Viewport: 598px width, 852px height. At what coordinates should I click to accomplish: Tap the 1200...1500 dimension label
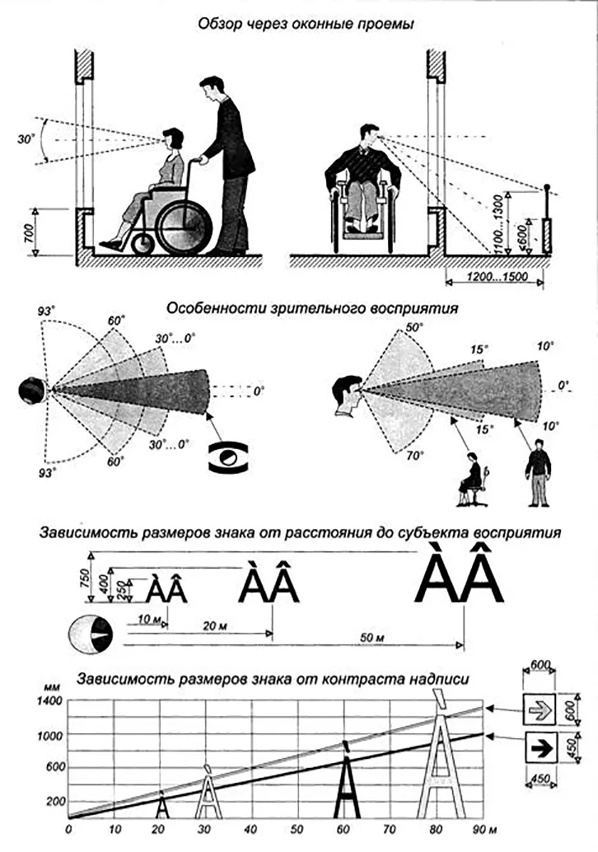497,278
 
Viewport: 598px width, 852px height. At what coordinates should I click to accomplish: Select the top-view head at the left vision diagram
30,390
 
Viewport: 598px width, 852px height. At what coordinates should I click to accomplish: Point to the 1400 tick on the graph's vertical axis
50,701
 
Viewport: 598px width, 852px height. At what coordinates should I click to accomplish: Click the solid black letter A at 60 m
347,782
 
